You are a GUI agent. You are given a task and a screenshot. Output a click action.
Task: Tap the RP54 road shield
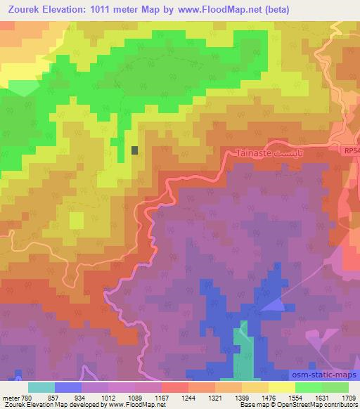pos(351,151)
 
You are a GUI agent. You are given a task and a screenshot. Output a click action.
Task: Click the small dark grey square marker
pos(135,150)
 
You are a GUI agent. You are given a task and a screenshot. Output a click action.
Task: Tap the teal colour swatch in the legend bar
pos(41,387)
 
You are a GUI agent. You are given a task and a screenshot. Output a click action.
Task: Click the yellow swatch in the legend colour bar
pos(281,387)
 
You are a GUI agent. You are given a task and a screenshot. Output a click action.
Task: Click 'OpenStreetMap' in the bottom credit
pos(333,405)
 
